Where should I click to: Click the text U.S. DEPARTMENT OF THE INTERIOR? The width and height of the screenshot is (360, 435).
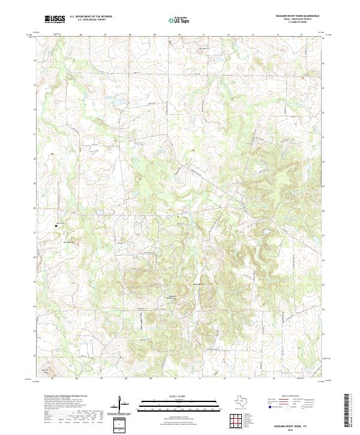tap(91, 17)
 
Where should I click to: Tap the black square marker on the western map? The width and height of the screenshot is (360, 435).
tap(56, 226)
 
